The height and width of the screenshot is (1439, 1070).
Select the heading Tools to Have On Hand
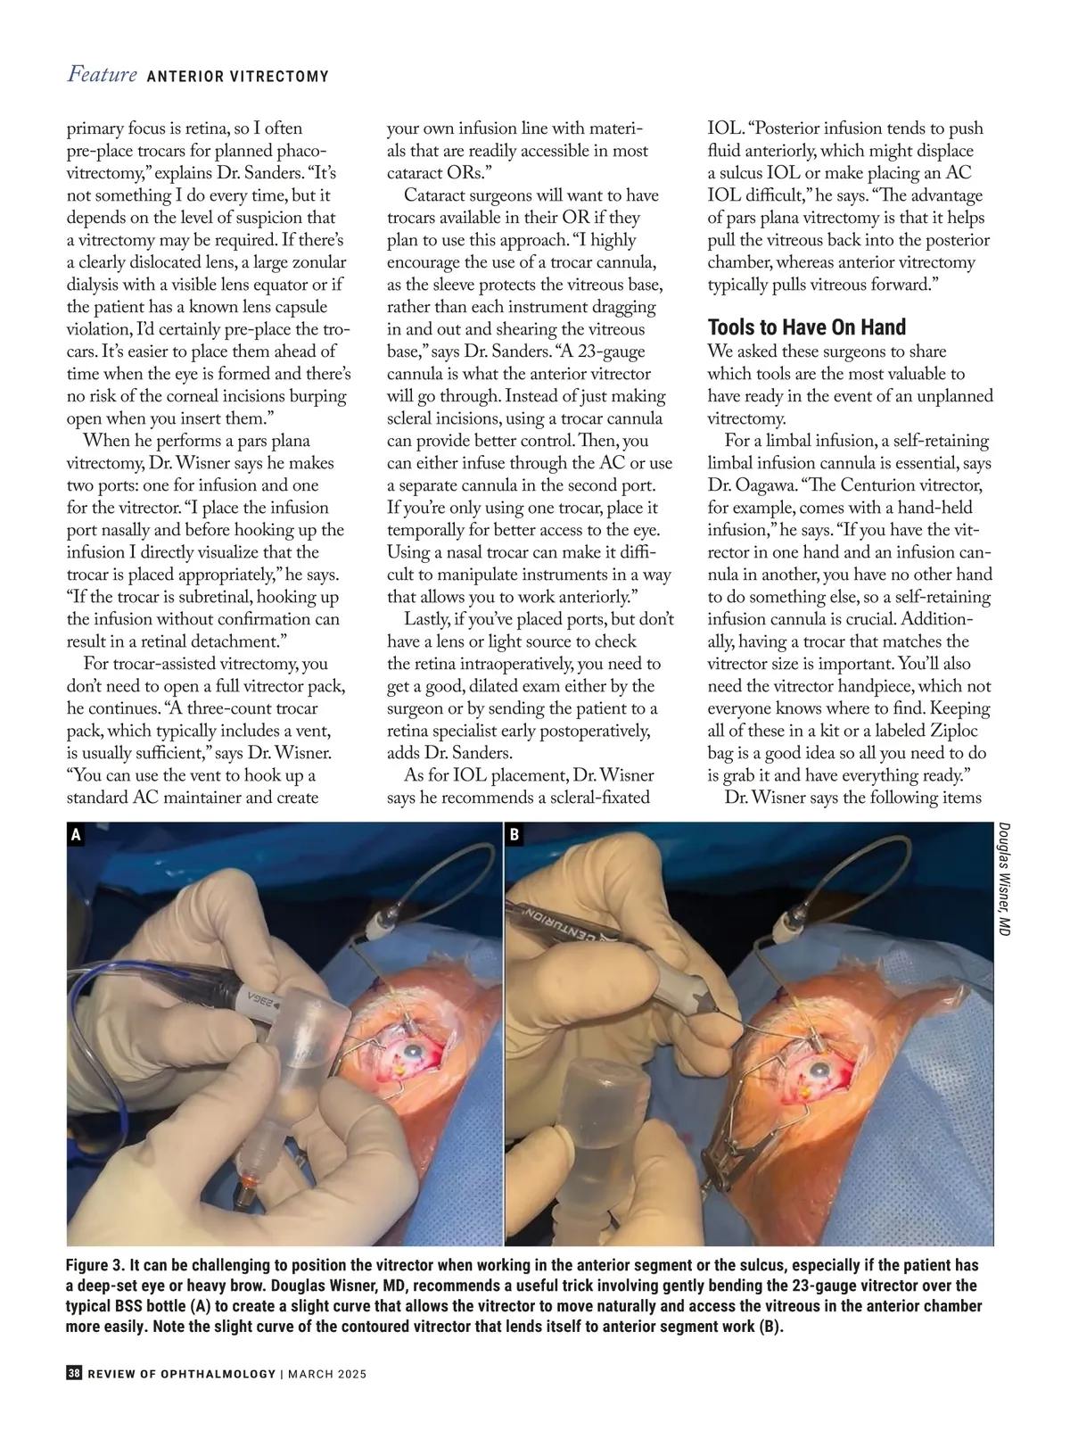[806, 327]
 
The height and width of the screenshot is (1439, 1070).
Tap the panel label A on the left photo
[76, 836]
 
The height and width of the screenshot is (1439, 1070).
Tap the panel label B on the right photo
[514, 836]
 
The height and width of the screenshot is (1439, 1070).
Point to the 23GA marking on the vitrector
[251, 997]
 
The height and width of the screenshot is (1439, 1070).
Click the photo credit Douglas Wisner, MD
[1003, 879]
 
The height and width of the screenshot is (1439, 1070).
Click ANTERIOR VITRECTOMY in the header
[237, 77]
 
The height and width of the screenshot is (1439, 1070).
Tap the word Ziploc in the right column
[960, 731]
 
